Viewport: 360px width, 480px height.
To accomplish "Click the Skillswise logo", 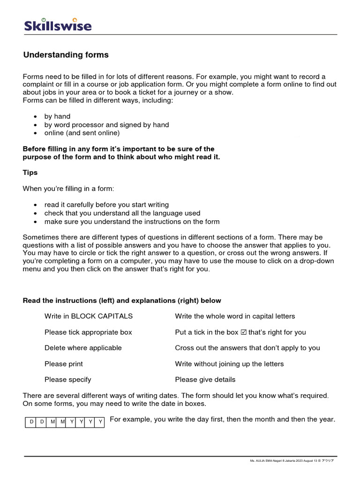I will [x=58, y=25].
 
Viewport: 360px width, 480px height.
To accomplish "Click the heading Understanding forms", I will [x=66, y=55].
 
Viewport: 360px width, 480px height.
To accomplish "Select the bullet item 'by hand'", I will [x=57, y=116].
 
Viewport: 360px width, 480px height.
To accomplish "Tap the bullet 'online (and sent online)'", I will [x=82, y=133].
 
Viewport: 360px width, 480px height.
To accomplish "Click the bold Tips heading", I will [x=30, y=172].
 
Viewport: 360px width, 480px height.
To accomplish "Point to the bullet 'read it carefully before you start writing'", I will [x=106, y=205].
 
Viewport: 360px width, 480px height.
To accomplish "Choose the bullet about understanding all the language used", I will [x=122, y=213].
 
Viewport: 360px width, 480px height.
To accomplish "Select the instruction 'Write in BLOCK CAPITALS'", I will [x=89, y=316].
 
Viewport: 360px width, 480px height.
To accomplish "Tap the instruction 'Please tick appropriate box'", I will [x=88, y=332].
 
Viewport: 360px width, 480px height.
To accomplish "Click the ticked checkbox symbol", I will [x=243, y=332].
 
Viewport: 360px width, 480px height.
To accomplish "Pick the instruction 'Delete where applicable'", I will [x=83, y=348].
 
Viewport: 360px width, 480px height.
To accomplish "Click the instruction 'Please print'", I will [x=64, y=364].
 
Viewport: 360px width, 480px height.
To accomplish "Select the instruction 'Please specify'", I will [x=68, y=380].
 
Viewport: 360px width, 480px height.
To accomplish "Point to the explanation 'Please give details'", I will [x=205, y=380].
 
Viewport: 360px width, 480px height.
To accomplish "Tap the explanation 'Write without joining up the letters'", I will [x=229, y=364].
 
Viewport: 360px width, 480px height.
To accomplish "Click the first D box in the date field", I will [x=31, y=422].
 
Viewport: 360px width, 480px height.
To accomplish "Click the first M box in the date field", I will [x=52, y=422].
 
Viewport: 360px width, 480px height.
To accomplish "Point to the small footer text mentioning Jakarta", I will [x=292, y=461].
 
